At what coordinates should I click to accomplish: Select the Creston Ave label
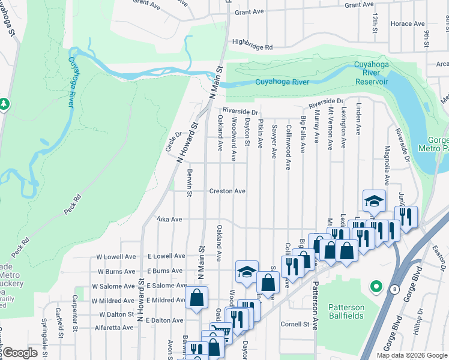coord(227,191)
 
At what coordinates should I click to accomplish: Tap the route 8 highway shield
coord(394,289)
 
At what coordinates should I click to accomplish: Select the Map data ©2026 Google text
coord(411,355)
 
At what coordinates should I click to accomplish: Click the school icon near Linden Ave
coord(374,201)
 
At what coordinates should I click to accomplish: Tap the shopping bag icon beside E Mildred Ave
coord(197,298)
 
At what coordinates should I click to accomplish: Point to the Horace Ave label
coord(406,24)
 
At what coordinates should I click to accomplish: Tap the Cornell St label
coord(295,324)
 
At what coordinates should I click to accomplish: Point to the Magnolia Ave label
coord(388,164)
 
